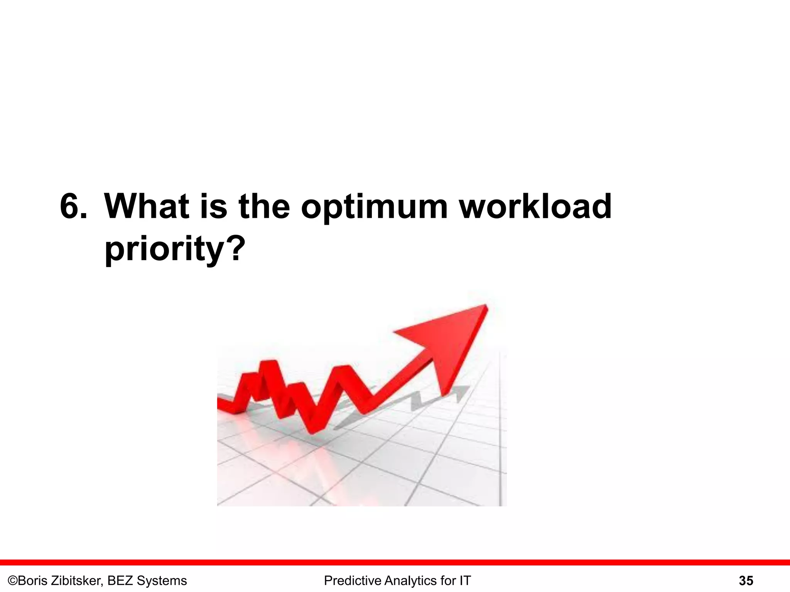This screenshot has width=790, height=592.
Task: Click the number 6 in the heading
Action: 69,207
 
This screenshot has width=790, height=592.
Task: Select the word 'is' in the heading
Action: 213,207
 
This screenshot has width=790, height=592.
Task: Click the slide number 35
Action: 746,581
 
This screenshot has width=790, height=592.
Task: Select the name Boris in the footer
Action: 34,581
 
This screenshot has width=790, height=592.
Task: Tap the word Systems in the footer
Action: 162,581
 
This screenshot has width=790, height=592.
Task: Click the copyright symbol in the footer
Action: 13,581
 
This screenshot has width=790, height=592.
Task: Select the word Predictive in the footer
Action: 352,581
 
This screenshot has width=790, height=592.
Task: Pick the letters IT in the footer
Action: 465,581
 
